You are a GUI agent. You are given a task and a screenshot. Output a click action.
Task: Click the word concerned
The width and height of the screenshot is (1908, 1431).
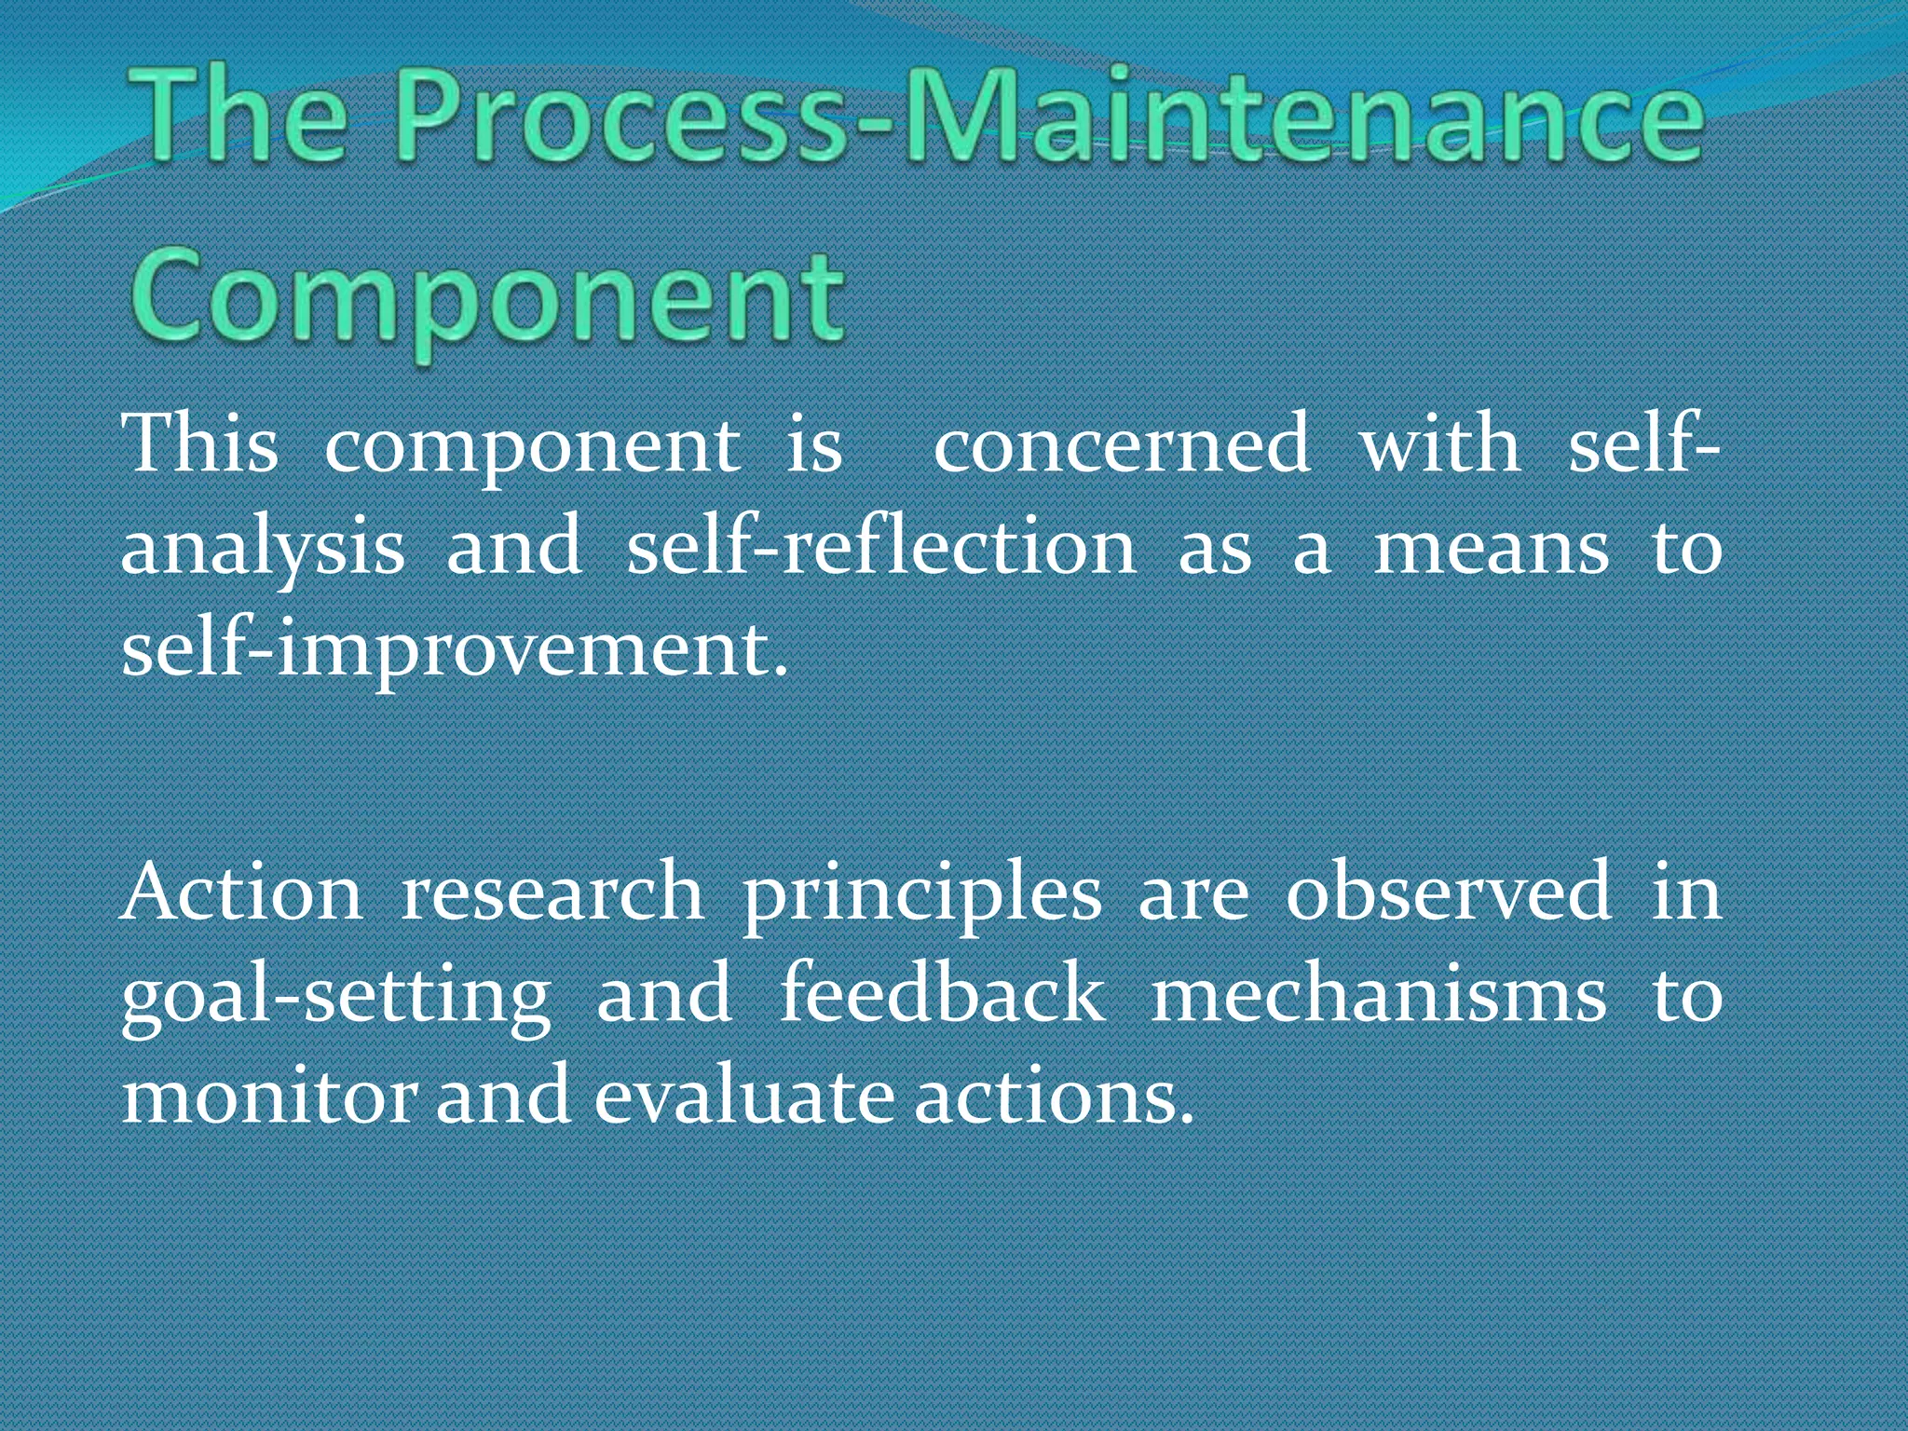(1122, 445)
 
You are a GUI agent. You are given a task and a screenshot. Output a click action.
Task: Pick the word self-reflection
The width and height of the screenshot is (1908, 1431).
(880, 548)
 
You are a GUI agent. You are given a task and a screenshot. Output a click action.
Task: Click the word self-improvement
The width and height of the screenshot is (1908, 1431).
(455, 650)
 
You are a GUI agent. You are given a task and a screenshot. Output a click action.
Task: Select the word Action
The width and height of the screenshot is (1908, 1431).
(242, 893)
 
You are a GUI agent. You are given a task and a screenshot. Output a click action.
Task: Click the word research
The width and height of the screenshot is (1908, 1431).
(552, 893)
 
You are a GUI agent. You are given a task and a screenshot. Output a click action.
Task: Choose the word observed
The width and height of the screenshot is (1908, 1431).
(1448, 893)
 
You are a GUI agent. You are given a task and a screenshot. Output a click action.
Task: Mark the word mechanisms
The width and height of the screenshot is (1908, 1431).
(1379, 995)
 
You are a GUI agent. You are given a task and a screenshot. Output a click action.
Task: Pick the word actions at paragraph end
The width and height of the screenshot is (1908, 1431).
(1053, 1097)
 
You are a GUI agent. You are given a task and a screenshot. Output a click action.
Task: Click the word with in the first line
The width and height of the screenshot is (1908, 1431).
(1439, 445)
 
